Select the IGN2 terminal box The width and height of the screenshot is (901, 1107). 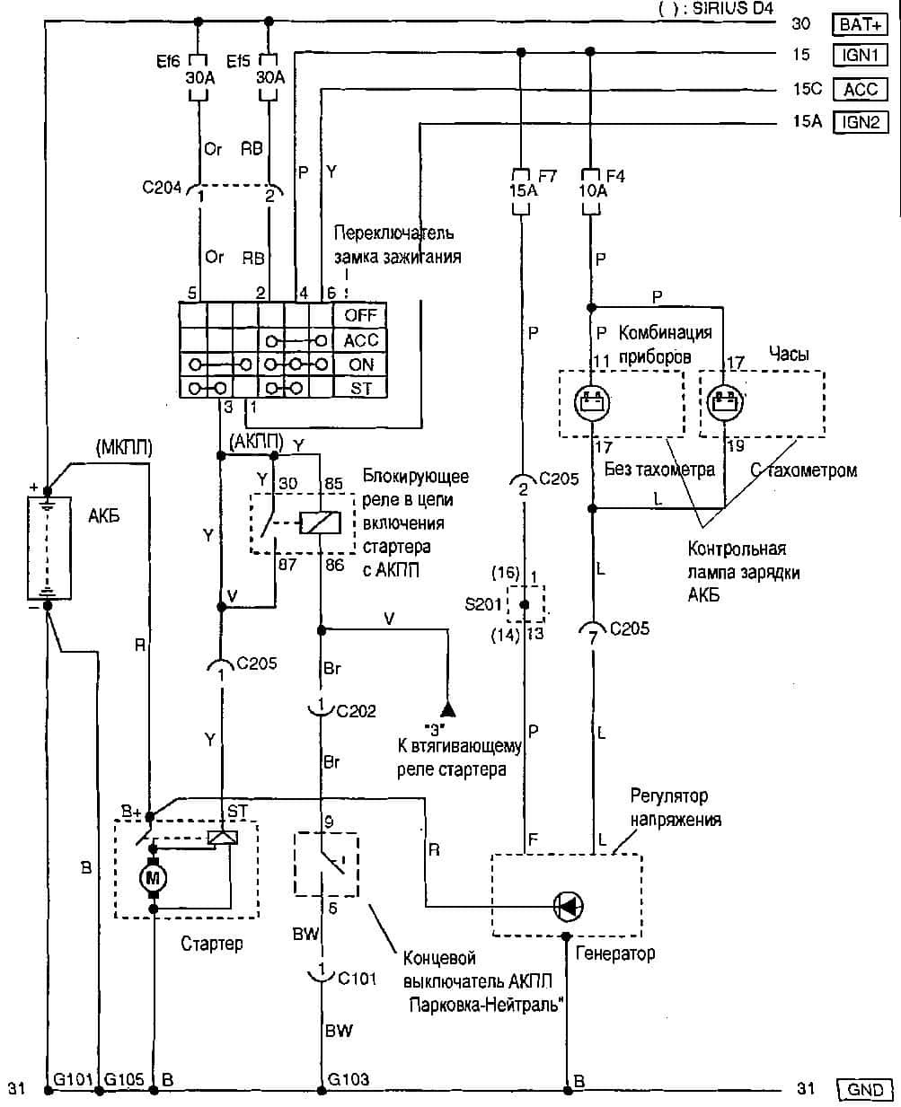(861, 121)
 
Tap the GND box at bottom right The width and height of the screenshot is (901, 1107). (864, 1090)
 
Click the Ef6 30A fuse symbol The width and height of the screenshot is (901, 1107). (199, 78)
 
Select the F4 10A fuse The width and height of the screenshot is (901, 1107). (590, 190)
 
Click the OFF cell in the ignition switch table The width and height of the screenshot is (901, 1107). (359, 315)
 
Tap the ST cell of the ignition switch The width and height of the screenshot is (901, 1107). (359, 390)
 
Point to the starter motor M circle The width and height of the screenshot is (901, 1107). (153, 877)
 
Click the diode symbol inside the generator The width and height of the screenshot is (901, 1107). (569, 907)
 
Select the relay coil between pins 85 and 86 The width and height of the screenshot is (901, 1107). (320, 521)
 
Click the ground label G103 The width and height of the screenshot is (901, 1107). (349, 1078)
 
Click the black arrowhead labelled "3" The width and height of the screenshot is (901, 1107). (447, 708)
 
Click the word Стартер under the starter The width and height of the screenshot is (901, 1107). (212, 944)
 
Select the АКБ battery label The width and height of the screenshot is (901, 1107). (104, 516)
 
